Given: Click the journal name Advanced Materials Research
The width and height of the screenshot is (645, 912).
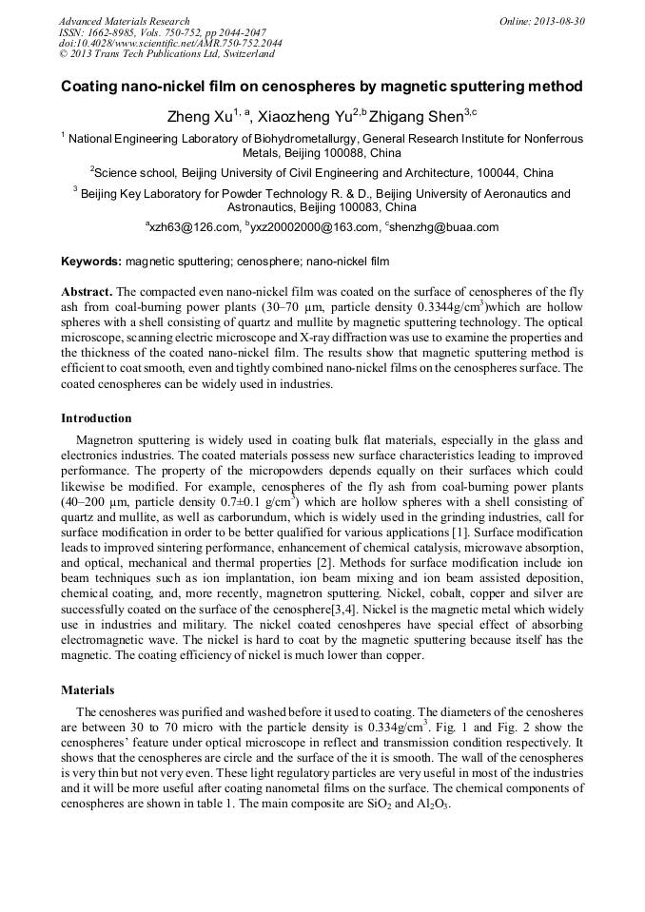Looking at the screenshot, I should [124, 21].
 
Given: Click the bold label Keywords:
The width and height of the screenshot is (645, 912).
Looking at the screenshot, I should [91, 262].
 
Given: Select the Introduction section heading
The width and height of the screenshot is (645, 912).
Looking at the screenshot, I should [96, 418].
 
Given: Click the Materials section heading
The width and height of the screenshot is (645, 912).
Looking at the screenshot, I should [88, 690].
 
